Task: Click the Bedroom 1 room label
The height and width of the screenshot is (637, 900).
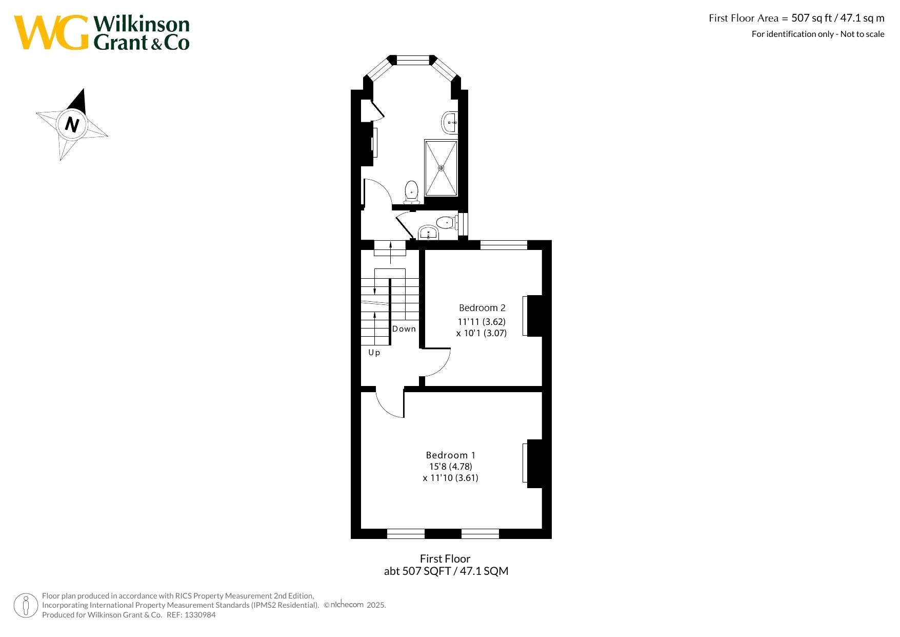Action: (451, 455)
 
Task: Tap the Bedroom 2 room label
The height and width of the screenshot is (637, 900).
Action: (482, 308)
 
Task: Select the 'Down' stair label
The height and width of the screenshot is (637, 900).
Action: (404, 329)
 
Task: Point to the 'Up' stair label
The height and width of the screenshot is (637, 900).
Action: (374, 353)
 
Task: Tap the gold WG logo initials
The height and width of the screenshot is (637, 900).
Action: (51, 32)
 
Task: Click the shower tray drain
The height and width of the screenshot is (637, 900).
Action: (441, 168)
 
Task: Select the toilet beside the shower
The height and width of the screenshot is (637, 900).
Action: (411, 192)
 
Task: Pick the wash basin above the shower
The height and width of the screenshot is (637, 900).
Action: (449, 123)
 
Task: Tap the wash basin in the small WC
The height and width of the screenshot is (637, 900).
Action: (428, 233)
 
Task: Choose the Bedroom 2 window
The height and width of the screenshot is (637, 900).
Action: (504, 245)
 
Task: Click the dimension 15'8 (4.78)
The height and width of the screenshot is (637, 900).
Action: (451, 467)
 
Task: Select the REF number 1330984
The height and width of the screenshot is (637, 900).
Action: (200, 615)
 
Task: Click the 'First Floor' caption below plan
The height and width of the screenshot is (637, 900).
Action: (445, 559)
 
